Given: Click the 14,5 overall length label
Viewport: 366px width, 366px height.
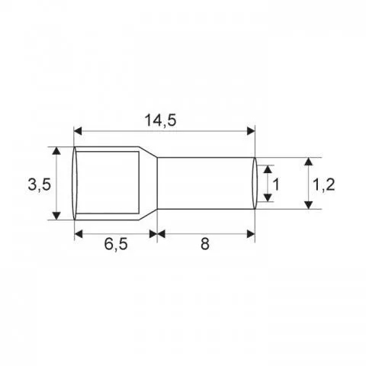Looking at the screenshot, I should coord(165,120).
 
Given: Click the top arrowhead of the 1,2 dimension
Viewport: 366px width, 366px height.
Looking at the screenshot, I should coord(307,163).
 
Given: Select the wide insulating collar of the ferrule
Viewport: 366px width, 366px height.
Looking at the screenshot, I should coord(107,184).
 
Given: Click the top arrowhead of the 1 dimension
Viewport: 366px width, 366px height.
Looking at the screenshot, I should coord(266,169).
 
